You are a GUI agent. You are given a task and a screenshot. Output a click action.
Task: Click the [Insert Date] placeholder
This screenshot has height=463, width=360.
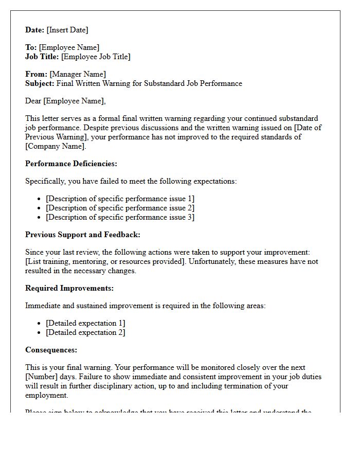[68, 30]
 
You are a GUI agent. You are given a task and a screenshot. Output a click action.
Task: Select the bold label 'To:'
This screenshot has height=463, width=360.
[31, 47]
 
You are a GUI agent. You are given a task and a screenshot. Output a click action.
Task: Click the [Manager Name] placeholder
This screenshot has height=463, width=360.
[78, 74]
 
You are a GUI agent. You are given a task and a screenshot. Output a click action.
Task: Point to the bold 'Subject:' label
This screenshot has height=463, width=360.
[40, 83]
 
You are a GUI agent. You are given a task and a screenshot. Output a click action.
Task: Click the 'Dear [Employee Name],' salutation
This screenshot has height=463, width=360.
[65, 101]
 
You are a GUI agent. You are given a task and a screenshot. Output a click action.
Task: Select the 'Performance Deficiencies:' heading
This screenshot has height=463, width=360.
[71, 164]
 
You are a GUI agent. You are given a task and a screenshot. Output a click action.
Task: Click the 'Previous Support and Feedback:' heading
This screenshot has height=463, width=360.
[82, 235]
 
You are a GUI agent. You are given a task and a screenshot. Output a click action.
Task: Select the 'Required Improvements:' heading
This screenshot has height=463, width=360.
[69, 288]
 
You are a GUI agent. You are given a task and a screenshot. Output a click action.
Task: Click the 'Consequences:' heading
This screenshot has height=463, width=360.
[51, 350]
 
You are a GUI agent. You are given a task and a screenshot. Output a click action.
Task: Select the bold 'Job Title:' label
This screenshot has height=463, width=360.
[42, 57]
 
